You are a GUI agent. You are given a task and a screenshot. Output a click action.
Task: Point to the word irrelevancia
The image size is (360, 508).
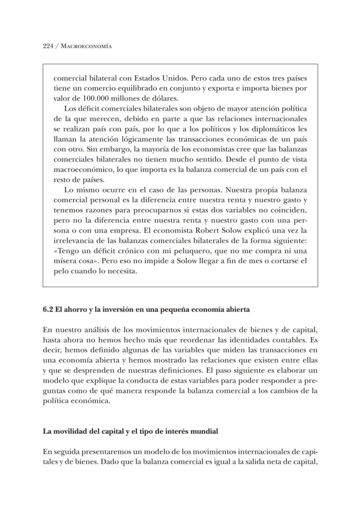pyautogui.click(x=73, y=241)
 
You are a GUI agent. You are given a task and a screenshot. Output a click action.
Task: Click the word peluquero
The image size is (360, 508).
pyautogui.click(x=190, y=251)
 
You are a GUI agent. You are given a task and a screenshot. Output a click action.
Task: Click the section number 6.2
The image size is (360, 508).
pyautogui.click(x=48, y=310)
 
